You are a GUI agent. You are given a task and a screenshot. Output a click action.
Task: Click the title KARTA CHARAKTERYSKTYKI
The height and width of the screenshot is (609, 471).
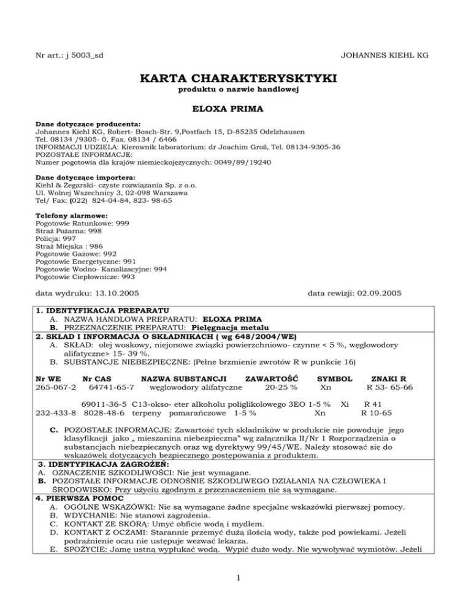tap(235, 79)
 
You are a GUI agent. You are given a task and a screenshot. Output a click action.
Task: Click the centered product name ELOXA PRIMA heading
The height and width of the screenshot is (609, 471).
tap(235, 109)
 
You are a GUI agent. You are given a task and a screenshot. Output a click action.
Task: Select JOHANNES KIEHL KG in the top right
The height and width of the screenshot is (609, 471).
tap(384, 56)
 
